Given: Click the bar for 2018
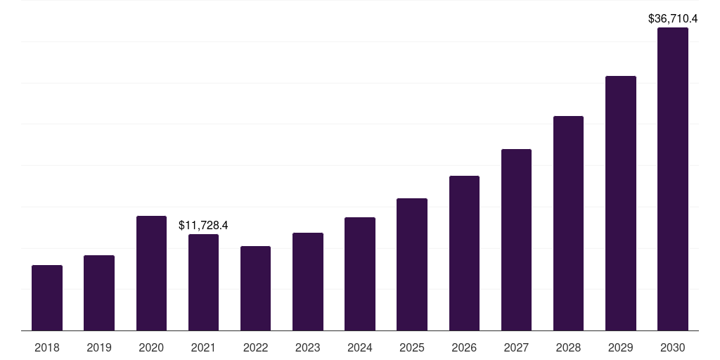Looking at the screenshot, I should pyautogui.click(x=47, y=297).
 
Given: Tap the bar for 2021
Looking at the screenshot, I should pyautogui.click(x=203, y=282).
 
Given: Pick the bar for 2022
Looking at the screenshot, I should pyautogui.click(x=255, y=288).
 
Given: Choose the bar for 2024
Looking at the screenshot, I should pyautogui.click(x=360, y=274).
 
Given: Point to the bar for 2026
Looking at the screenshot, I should pyautogui.click(x=464, y=253).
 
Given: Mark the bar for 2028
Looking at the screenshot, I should pyautogui.click(x=568, y=223).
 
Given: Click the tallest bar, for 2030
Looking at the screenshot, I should pyautogui.click(x=673, y=179).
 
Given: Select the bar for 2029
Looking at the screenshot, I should pyautogui.click(x=621, y=203).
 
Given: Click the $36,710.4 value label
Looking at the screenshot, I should pyautogui.click(x=673, y=19).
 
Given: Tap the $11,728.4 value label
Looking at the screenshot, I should pyautogui.click(x=203, y=226).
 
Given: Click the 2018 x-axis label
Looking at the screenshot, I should pyautogui.click(x=47, y=347).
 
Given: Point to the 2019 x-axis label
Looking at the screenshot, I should pyautogui.click(x=99, y=347).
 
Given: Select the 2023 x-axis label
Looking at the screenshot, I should pyautogui.click(x=308, y=347).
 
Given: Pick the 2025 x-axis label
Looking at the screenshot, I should pyautogui.click(x=412, y=347).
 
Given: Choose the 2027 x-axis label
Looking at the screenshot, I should pyautogui.click(x=516, y=347).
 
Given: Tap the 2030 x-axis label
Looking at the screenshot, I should pyautogui.click(x=673, y=347).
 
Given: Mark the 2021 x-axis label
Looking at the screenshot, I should pyautogui.click(x=203, y=347).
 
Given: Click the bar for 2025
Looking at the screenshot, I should pyautogui.click(x=412, y=264).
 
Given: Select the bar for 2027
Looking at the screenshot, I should pyautogui.click(x=516, y=240).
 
